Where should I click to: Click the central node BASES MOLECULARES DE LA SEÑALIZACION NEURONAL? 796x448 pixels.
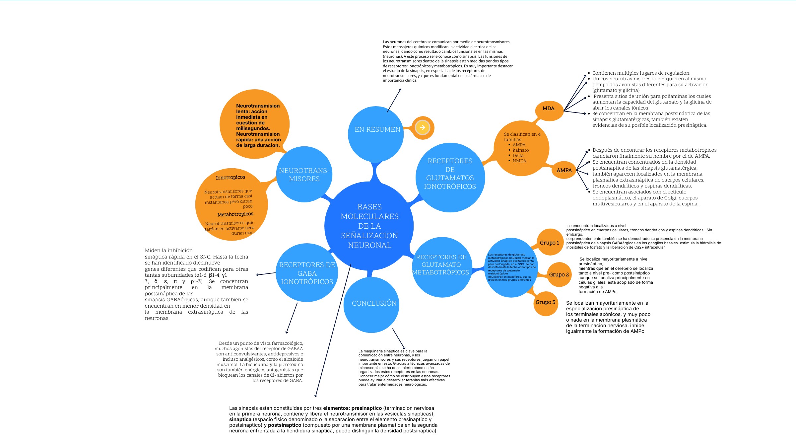[x=369, y=226]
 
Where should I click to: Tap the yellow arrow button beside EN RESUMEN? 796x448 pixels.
[x=422, y=127]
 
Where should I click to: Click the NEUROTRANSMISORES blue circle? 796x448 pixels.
[x=304, y=175]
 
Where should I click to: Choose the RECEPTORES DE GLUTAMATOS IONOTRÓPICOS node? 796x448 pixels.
[x=450, y=178]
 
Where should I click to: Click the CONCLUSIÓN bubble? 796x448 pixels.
[x=372, y=304]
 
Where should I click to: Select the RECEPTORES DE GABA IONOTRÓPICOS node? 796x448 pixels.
[x=307, y=273]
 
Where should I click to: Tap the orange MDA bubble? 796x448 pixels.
[x=549, y=109]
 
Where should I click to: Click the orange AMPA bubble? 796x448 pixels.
[x=564, y=170]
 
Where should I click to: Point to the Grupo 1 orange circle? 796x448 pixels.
[x=550, y=243]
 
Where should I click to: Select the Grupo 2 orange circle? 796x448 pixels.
[x=559, y=274]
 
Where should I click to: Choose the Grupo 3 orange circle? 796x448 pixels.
[x=545, y=302]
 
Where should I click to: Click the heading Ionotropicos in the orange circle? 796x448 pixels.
[x=231, y=178]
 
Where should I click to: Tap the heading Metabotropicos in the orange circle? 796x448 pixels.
[x=235, y=214]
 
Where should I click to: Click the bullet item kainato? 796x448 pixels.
[x=520, y=150]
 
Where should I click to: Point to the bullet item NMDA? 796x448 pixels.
[x=519, y=161]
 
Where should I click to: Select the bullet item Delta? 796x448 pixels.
[x=518, y=156]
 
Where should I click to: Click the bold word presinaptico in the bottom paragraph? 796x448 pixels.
[x=366, y=408]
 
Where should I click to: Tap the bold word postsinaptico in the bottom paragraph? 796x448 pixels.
[x=285, y=425]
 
